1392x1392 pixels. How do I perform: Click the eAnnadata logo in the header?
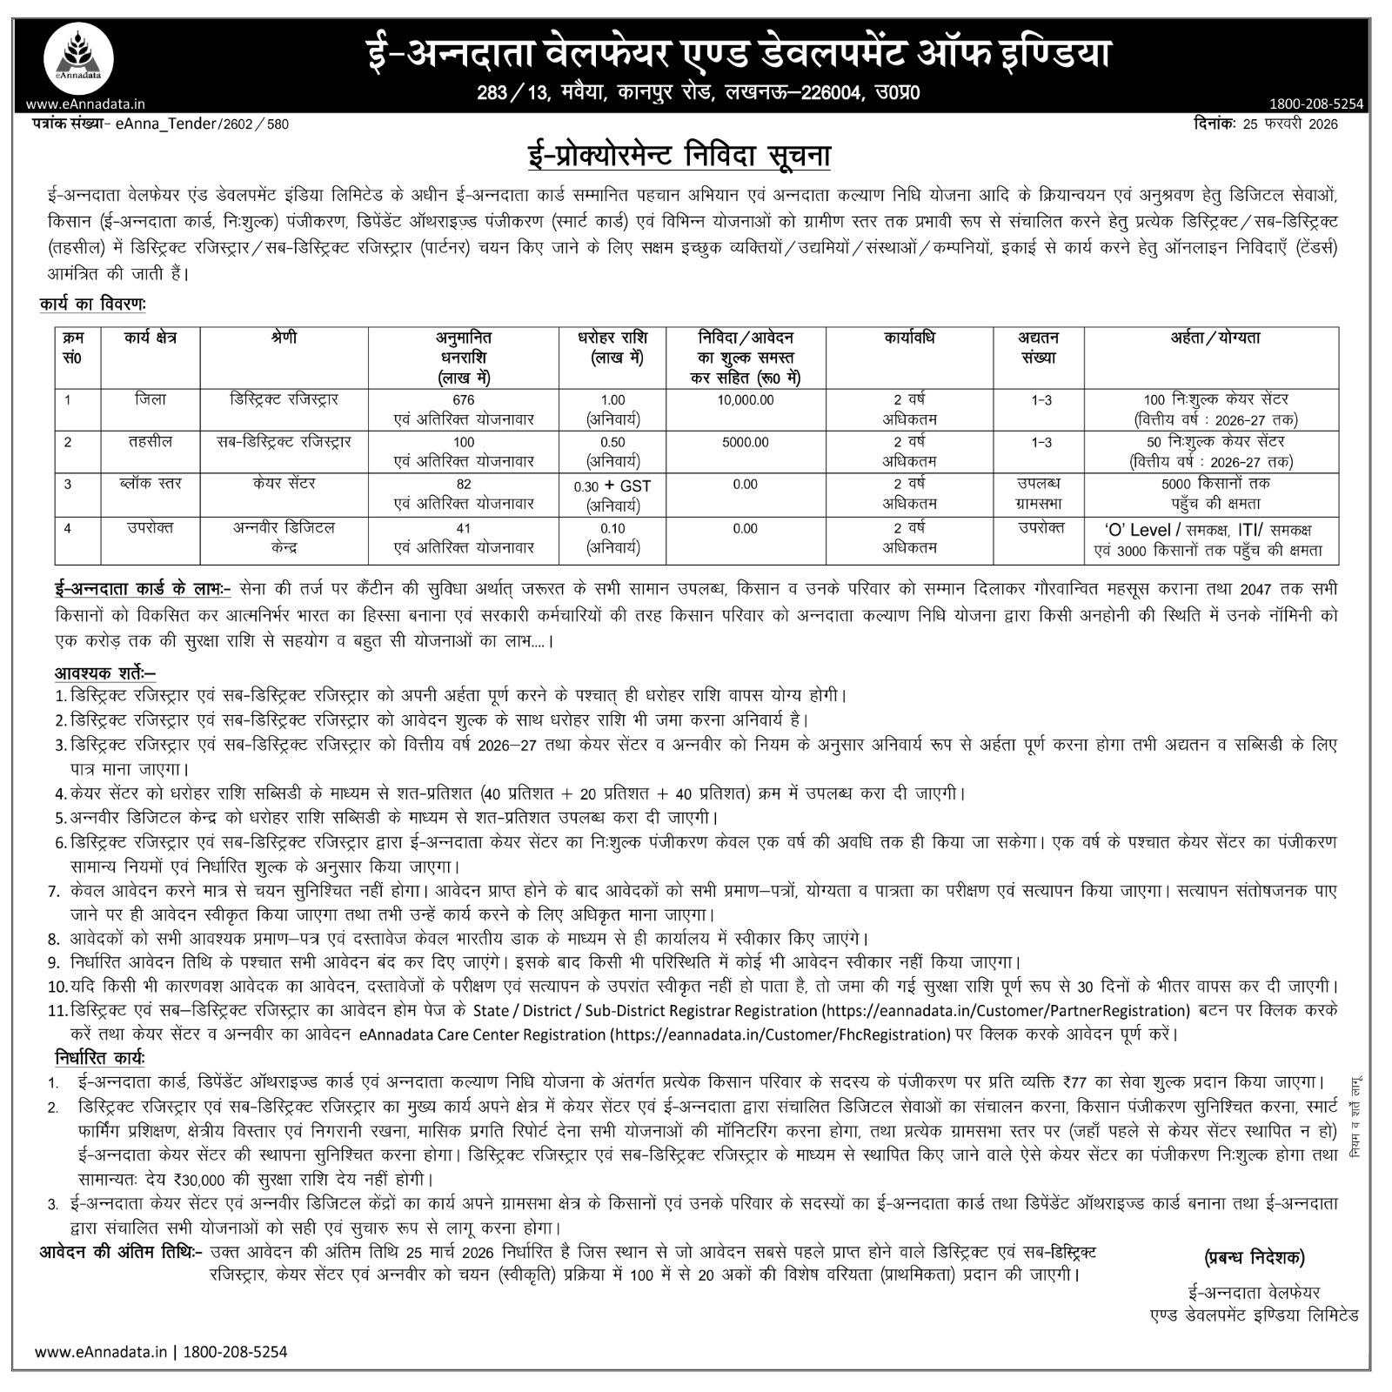[x=78, y=59]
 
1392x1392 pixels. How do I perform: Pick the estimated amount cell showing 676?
[x=464, y=400]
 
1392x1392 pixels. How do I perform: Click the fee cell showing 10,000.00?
[x=745, y=400]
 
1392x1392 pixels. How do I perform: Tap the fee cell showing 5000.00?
[x=745, y=442]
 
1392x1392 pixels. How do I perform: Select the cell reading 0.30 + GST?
[x=612, y=485]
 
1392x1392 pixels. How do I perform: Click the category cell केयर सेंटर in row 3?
[x=284, y=483]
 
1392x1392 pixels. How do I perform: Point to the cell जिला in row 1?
[x=151, y=399]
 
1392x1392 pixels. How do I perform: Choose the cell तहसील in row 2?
[x=151, y=441]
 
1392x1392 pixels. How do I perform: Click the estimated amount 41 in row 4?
[x=464, y=528]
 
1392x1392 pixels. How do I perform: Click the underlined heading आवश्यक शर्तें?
[x=104, y=673]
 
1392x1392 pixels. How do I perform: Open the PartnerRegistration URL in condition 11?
[x=1005, y=1011]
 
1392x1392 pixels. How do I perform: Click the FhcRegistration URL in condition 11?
[x=779, y=1034]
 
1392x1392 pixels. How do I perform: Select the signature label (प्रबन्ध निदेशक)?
[x=1255, y=1256]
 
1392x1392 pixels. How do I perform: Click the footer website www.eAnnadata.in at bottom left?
[x=100, y=1351]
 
